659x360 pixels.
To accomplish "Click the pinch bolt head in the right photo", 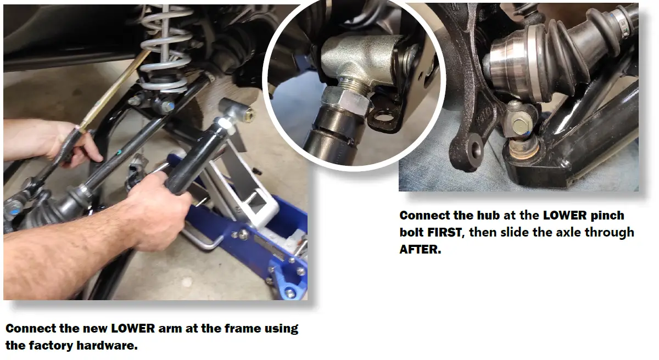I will pyautogui.click(x=518, y=124).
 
